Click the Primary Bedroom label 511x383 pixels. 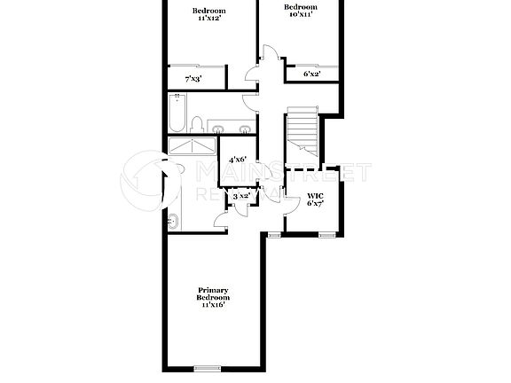coord(213,293)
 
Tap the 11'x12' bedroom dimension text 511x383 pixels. coord(209,19)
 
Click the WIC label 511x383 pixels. coord(316,195)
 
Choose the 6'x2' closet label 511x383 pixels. coord(311,74)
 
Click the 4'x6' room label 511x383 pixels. coord(237,160)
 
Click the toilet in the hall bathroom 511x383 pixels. coord(200,122)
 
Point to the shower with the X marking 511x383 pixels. coord(193,147)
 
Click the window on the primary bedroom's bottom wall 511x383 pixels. coord(207,368)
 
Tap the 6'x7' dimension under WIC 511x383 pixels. coord(316,204)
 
